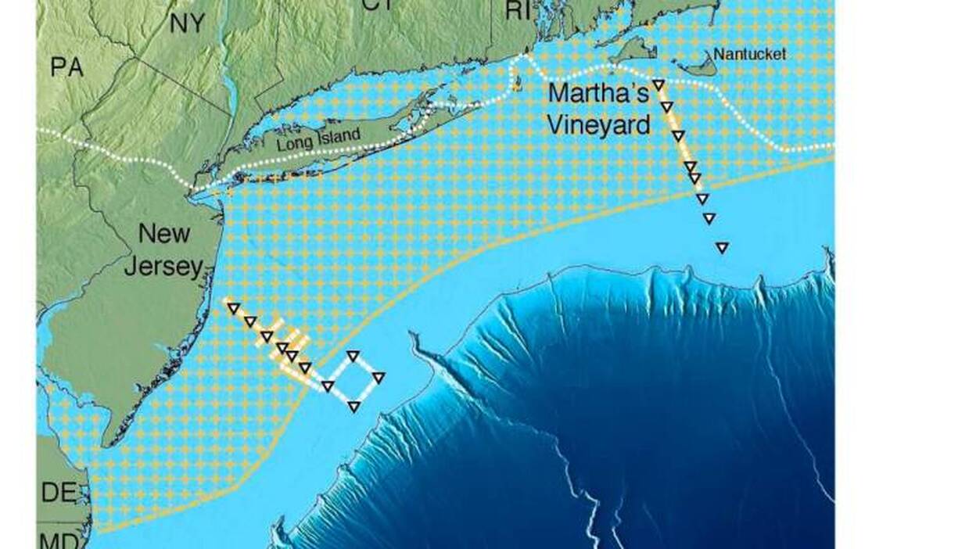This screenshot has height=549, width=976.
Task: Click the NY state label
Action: [188, 23]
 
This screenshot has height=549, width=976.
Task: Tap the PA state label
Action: [67, 67]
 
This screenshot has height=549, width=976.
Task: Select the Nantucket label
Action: [749, 54]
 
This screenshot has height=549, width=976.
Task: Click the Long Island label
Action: [318, 138]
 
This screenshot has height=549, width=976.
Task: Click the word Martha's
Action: [598, 94]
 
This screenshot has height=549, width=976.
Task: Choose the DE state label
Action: [59, 492]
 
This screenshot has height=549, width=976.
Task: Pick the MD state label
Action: [56, 540]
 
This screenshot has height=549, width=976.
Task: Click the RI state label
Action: [518, 10]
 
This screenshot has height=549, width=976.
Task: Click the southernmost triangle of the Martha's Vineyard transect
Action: [722, 248]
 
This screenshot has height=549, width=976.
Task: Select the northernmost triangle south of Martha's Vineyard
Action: [658, 84]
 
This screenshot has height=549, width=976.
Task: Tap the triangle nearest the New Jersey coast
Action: [233, 308]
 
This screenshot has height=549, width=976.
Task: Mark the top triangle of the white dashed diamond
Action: [353, 356]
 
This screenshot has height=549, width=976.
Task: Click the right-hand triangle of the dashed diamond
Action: [379, 378]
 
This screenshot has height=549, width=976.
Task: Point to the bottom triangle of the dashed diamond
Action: [353, 406]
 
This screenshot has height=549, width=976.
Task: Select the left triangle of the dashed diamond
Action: [328, 386]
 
